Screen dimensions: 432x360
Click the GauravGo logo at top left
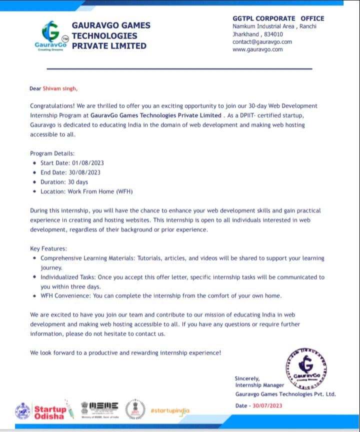click(x=50, y=35)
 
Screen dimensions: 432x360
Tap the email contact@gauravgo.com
click(x=262, y=42)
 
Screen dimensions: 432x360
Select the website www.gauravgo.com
click(x=257, y=49)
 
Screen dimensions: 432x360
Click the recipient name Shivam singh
click(x=60, y=89)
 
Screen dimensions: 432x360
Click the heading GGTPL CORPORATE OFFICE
click(x=278, y=18)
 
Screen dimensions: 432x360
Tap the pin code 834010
click(x=272, y=34)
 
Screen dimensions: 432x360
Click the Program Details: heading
click(x=52, y=153)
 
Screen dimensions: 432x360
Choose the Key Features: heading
click(x=48, y=248)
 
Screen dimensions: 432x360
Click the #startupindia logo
click(x=170, y=410)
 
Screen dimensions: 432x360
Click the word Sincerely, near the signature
click(x=247, y=378)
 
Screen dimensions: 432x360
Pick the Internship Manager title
click(x=259, y=385)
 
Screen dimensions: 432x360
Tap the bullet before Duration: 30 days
click(x=34, y=182)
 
